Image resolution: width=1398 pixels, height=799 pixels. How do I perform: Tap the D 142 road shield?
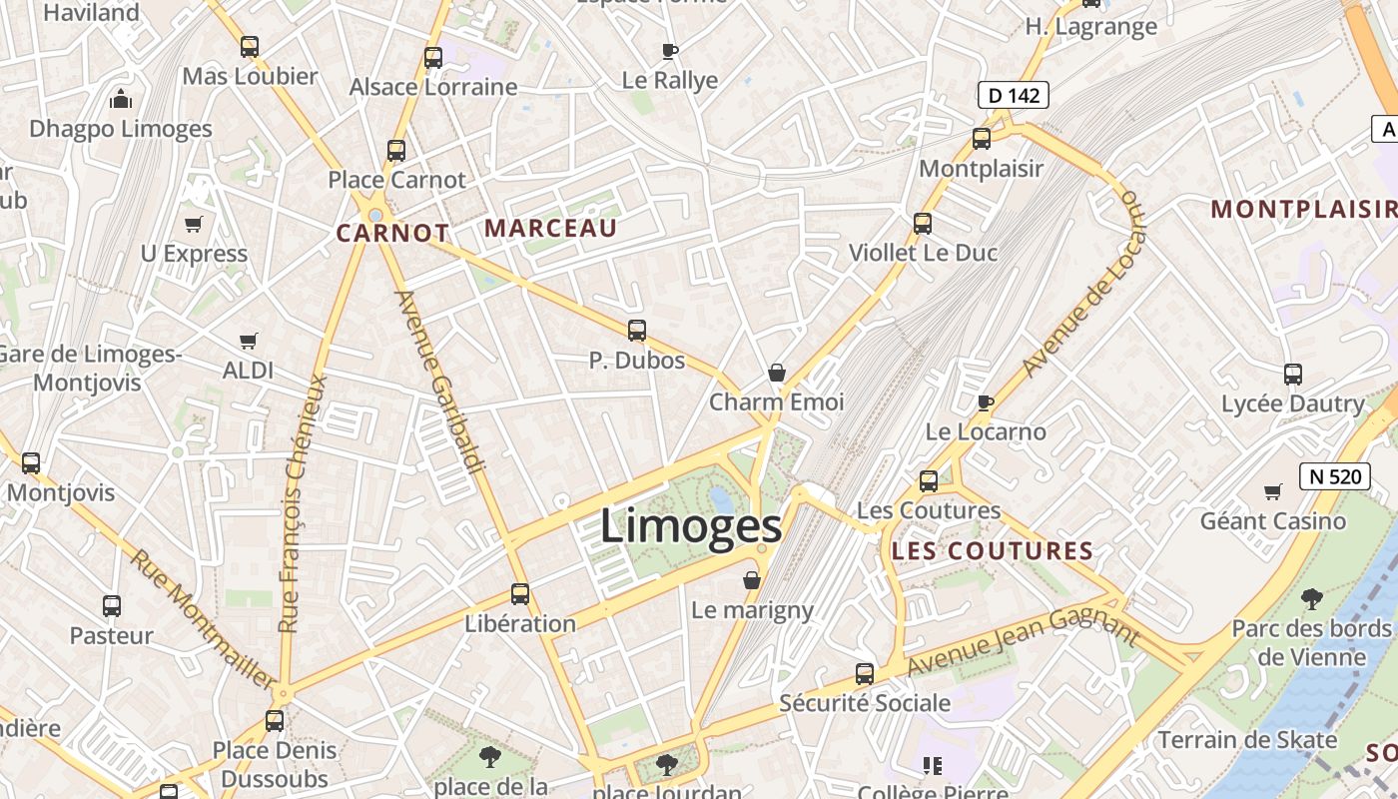(1013, 96)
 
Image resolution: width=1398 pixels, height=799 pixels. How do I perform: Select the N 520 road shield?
(1334, 476)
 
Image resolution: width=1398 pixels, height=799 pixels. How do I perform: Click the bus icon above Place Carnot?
(396, 151)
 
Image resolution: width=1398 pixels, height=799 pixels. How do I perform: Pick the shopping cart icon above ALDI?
(249, 342)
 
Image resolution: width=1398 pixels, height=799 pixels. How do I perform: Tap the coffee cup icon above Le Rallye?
(670, 51)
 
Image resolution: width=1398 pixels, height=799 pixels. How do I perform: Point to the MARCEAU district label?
(550, 229)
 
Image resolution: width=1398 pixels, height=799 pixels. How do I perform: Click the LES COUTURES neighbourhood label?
(992, 551)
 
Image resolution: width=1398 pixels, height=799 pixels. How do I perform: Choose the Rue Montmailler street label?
(202, 619)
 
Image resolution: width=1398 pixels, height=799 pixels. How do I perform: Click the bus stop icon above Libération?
(520, 594)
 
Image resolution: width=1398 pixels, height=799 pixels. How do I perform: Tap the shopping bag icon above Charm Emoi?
(777, 374)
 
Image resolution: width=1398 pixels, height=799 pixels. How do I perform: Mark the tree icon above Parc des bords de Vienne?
(1311, 599)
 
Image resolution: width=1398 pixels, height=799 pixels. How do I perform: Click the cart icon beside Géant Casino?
(1272, 491)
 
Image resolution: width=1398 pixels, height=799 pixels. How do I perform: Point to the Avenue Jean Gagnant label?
(1023, 643)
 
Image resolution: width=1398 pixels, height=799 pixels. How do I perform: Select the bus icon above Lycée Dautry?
(1293, 375)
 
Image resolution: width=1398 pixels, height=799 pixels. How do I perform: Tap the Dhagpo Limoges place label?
(121, 129)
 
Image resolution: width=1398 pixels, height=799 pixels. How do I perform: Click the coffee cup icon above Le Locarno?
(986, 402)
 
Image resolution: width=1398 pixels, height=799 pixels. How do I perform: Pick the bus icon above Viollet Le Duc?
(923, 224)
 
